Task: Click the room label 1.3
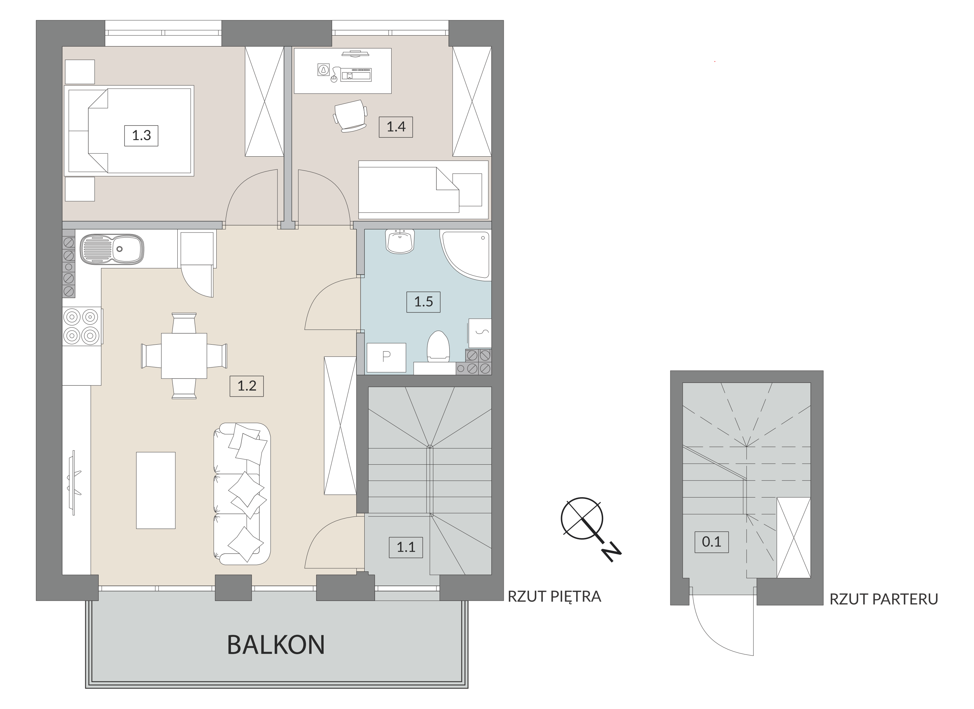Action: pos(141,136)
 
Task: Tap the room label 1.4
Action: pos(395,127)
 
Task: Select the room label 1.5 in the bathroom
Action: pos(423,302)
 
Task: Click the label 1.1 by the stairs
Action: pos(406,547)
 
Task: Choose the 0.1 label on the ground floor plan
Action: pos(711,542)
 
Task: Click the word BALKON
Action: pos(276,645)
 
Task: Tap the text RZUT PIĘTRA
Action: pos(554,597)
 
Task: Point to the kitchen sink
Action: pos(112,249)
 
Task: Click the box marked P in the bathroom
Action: pos(386,357)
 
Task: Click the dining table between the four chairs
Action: pos(184,356)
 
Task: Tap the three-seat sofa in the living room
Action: pos(242,494)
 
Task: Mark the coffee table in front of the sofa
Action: pos(156,490)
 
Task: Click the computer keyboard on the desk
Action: pos(356,75)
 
